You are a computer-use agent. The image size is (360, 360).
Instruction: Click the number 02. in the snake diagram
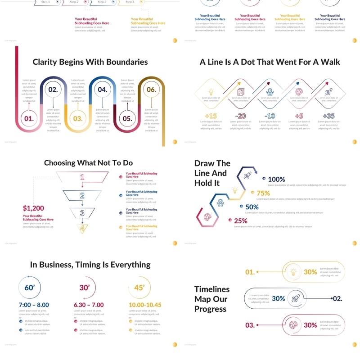(x=53, y=90)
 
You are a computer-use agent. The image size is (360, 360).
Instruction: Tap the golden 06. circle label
(x=151, y=90)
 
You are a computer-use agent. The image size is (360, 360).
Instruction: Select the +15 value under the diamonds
(x=211, y=116)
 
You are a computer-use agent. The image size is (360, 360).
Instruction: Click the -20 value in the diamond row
(x=240, y=116)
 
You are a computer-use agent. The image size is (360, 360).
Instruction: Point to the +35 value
(x=329, y=116)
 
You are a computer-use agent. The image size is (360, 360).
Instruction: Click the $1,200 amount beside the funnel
(x=33, y=208)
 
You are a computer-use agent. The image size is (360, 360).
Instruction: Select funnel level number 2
(x=82, y=195)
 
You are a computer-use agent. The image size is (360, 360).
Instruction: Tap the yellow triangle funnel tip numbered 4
(x=82, y=229)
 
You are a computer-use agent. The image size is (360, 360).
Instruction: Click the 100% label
(x=276, y=179)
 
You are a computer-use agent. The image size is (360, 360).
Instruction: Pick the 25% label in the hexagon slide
(x=241, y=221)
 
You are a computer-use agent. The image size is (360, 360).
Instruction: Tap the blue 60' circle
(x=29, y=288)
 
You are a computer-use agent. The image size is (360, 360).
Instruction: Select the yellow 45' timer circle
(x=139, y=288)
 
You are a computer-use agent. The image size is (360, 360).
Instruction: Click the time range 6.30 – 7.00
(x=89, y=305)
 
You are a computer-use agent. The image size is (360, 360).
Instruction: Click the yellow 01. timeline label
(x=250, y=272)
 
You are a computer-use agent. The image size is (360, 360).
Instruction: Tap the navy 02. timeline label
(x=337, y=298)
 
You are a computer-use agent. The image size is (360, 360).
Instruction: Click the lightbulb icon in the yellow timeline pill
(x=293, y=272)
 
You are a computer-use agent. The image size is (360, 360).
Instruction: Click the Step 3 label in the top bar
(x=102, y=2)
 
